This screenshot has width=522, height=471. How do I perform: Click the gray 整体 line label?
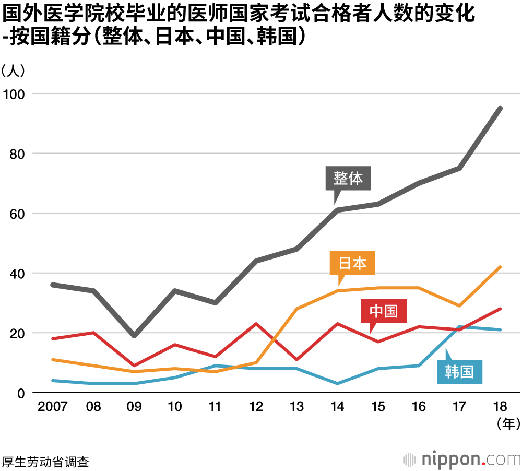[x=348, y=179]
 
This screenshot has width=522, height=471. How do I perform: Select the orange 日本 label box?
[x=353, y=263]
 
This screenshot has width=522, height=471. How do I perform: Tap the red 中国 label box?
[x=384, y=311]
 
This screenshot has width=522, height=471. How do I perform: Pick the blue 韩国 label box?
[x=459, y=372]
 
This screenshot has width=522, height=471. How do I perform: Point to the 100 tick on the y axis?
[x=17, y=94]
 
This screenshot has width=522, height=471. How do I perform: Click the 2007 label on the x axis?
[x=53, y=407]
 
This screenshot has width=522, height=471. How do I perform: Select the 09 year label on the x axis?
[x=134, y=407]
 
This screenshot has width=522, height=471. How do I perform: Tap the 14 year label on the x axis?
[x=337, y=407]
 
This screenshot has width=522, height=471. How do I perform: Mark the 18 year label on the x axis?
[x=500, y=407]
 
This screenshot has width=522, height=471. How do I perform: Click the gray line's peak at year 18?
[x=500, y=109]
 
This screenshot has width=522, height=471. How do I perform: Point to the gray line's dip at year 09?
[x=134, y=336]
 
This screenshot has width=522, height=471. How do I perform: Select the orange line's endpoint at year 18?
[x=500, y=267]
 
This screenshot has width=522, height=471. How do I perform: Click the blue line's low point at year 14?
[x=337, y=384]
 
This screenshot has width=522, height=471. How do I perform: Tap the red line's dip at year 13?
[x=296, y=360]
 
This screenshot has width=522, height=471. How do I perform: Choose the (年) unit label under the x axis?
[x=506, y=424]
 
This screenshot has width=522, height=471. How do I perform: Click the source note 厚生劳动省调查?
[x=45, y=462]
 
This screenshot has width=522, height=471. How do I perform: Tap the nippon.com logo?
[x=461, y=460]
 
